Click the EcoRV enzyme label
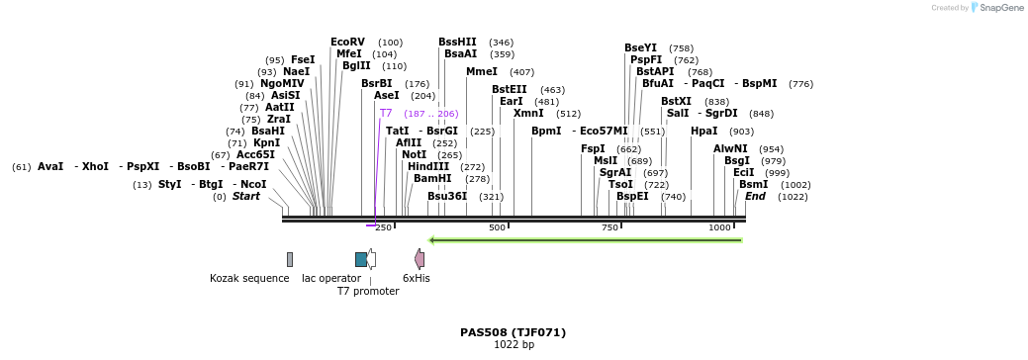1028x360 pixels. tap(347, 42)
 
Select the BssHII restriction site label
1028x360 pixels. tap(457, 42)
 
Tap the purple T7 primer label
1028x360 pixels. tap(386, 114)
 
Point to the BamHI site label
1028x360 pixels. tap(432, 178)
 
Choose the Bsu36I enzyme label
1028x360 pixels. tap(447, 196)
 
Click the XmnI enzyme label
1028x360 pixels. tap(528, 113)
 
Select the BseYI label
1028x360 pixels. tap(640, 47)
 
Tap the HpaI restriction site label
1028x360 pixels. tap(703, 131)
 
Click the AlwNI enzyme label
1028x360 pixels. tap(730, 148)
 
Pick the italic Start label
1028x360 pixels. tap(245, 196)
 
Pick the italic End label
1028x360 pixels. tap(755, 196)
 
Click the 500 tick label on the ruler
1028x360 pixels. tap(497, 227)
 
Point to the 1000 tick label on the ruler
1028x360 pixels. tap(719, 227)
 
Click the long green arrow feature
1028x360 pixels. tap(585, 239)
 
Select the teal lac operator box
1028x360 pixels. tap(361, 259)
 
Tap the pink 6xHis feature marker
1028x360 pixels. tap(420, 259)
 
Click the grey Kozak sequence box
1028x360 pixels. tap(290, 259)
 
